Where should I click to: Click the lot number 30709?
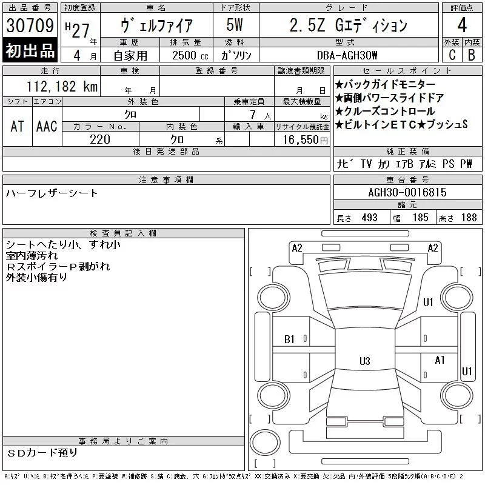[x=30, y=25]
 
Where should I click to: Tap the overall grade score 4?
[x=462, y=25]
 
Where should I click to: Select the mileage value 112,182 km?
[x=62, y=86]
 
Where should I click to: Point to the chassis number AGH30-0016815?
[x=407, y=192]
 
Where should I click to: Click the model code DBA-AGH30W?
[x=347, y=55]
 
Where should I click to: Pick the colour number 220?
[x=100, y=139]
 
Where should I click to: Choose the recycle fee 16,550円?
[x=306, y=140]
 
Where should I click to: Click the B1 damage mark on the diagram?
[x=289, y=339]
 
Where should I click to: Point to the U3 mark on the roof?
[x=365, y=361]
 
